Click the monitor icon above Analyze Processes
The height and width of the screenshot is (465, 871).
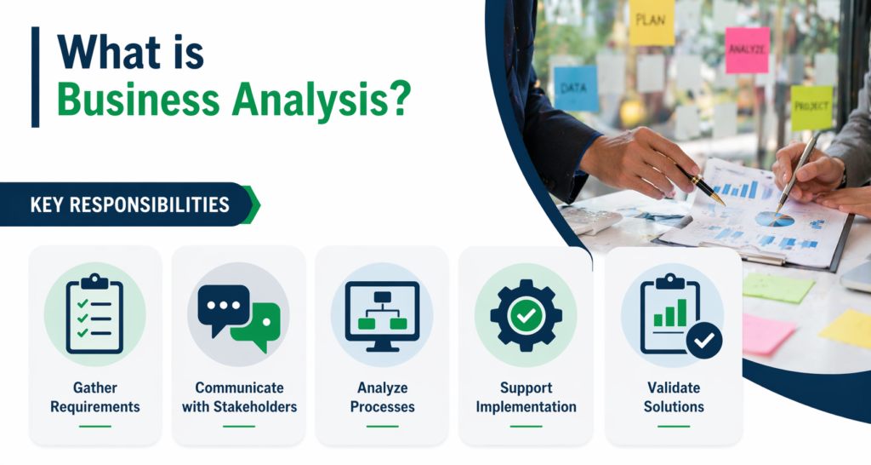pyautogui.click(x=381, y=312)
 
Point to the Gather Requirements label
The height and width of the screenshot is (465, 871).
pyautogui.click(x=94, y=397)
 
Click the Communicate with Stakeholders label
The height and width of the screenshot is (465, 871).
pyautogui.click(x=239, y=397)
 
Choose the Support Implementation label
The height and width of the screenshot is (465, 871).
pyautogui.click(x=526, y=397)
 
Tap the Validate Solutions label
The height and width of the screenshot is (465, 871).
pyautogui.click(x=673, y=397)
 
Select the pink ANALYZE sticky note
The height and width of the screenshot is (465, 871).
pyautogui.click(x=747, y=49)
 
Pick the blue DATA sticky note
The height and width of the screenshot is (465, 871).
pyautogui.click(x=576, y=89)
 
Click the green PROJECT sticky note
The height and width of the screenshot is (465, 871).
pyautogui.click(x=811, y=108)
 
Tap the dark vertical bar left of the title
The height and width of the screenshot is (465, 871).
pyautogui.click(x=35, y=77)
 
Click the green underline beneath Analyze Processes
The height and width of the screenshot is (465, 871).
pyautogui.click(x=381, y=425)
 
